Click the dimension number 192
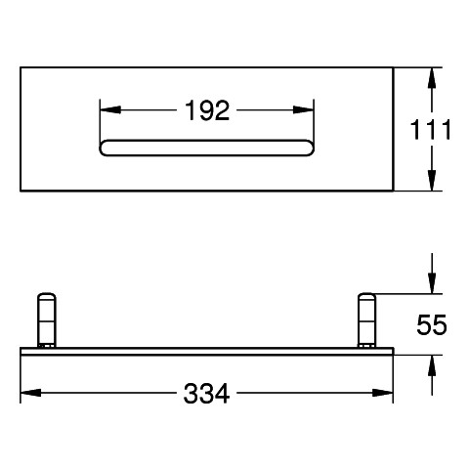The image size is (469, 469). pos(207,110)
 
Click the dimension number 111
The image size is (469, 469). pos(430,130)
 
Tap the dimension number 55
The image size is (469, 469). pos(432,324)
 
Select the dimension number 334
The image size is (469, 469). pos(206,393)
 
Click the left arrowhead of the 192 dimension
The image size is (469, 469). pos(110,110)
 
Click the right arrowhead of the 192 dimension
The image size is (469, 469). pos(303,110)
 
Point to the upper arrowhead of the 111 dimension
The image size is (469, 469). pos(432,78)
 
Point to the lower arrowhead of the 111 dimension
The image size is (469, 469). pos(432,180)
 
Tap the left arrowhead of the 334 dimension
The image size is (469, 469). pos(30,393)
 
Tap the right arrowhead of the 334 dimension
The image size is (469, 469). pos(383,393)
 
